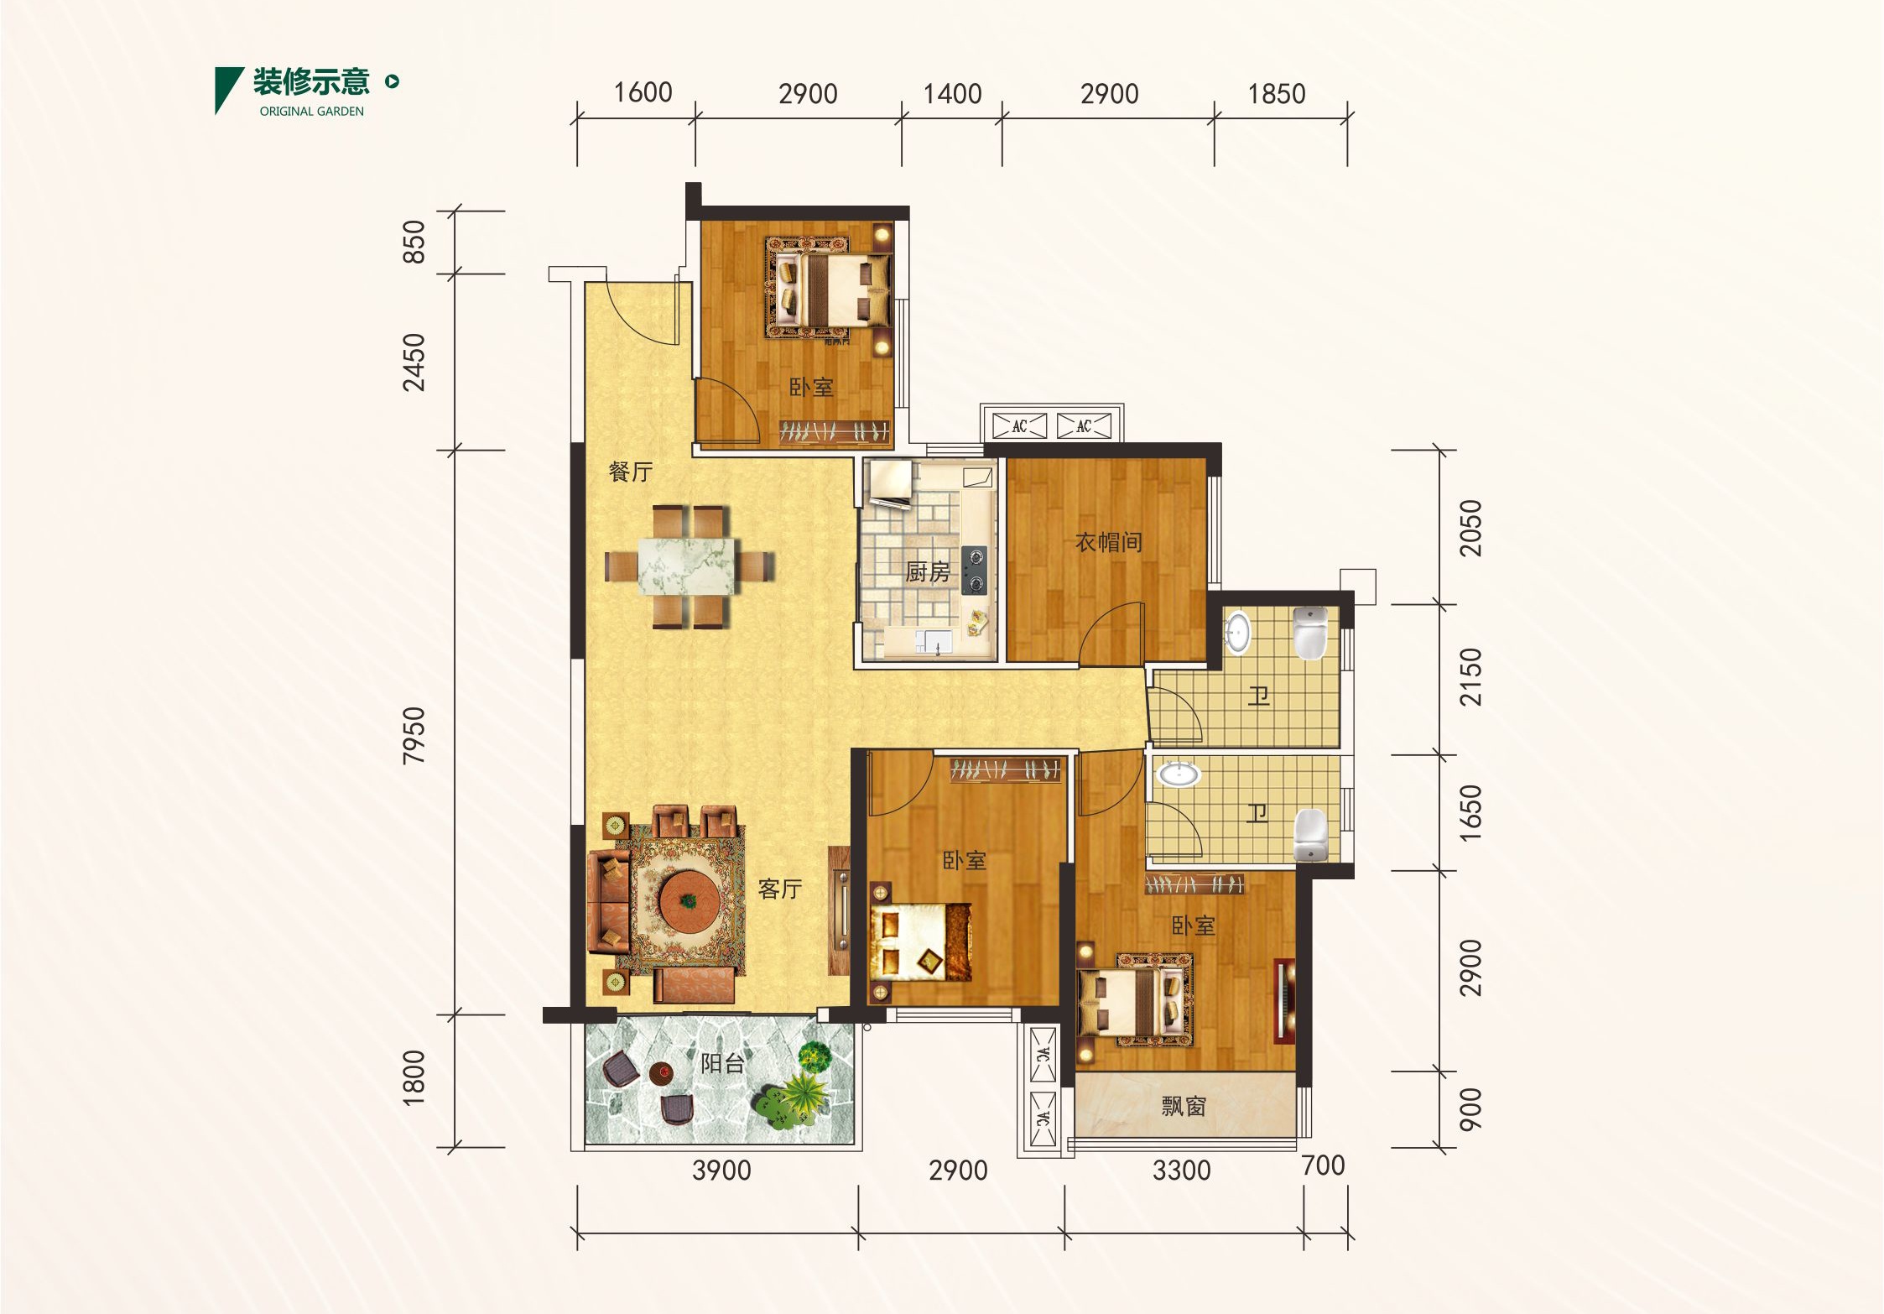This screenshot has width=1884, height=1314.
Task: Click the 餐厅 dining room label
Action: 631,472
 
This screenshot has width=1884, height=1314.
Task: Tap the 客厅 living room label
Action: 780,889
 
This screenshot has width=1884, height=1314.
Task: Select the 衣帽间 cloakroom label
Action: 1109,542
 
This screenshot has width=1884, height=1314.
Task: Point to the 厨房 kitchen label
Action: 927,572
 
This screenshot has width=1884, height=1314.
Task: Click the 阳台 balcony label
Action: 723,1064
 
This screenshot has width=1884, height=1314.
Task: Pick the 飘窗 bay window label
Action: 1184,1107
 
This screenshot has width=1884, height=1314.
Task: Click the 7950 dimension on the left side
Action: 414,735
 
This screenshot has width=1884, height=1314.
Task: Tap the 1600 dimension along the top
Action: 643,92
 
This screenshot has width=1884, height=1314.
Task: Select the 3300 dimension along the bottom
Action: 1181,1171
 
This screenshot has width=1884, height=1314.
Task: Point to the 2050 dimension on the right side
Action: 1470,528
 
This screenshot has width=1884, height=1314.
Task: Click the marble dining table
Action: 687,566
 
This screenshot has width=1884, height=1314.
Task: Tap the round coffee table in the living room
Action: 689,899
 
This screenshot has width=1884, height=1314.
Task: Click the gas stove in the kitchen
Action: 974,570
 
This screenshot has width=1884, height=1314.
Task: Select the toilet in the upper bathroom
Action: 1310,634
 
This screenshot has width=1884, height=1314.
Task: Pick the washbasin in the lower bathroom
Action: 1179,773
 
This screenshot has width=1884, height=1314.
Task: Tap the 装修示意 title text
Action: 311,81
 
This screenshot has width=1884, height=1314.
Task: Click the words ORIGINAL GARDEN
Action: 312,111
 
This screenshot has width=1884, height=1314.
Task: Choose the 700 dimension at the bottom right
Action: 1323,1165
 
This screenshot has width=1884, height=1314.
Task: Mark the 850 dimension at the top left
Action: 414,242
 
